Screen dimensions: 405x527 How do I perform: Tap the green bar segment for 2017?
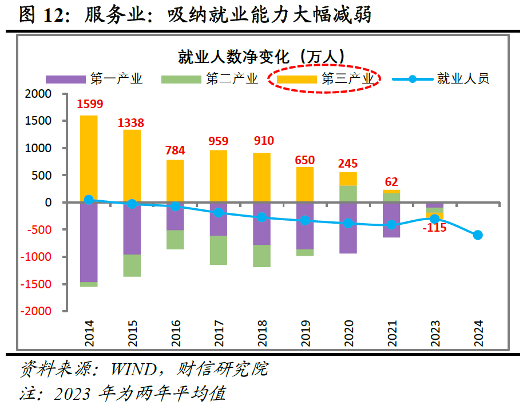[x=218, y=250]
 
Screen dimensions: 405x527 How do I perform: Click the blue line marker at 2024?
[x=478, y=235]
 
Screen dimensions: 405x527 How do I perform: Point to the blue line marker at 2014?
[x=89, y=200]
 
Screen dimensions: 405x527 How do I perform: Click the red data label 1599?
[x=90, y=104]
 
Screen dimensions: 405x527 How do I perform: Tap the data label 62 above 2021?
[x=391, y=182]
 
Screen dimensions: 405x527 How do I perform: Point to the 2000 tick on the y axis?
[x=39, y=94]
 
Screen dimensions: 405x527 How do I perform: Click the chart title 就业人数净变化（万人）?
[x=261, y=57]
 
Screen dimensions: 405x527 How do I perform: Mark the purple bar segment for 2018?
[x=261, y=224]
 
